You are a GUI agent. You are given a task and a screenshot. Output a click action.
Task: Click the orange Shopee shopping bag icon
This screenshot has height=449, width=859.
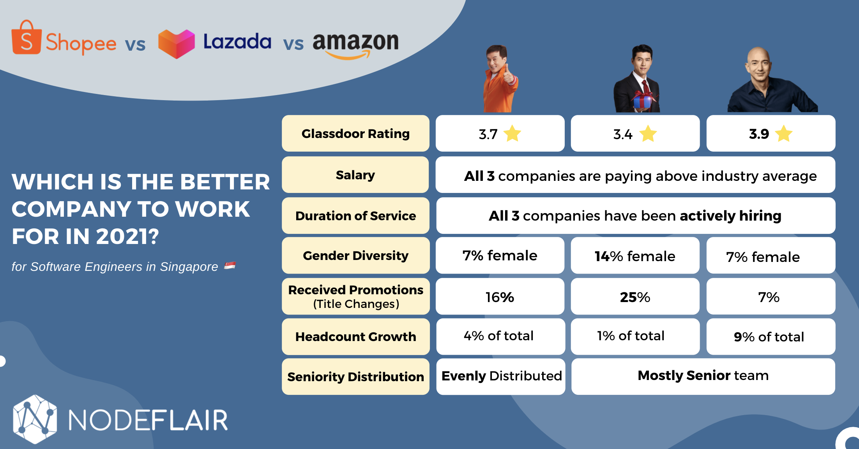[x=27, y=38]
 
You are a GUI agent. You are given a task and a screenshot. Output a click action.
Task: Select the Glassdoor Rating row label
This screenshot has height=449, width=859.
[x=355, y=134]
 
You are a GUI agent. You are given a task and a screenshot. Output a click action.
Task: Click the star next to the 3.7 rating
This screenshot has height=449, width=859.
[x=512, y=134]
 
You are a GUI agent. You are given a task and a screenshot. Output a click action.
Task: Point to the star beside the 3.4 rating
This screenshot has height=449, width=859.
[x=648, y=134]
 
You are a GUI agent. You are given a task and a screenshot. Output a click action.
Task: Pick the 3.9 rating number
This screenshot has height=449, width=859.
[x=759, y=134]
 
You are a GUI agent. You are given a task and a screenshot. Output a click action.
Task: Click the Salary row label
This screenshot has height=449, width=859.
[x=355, y=175]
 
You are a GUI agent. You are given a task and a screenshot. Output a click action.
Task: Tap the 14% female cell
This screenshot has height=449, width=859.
[x=635, y=256]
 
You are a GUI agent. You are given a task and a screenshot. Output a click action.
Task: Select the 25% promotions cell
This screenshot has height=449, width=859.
[x=635, y=297]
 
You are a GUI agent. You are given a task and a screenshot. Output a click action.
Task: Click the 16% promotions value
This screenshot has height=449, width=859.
[x=500, y=297]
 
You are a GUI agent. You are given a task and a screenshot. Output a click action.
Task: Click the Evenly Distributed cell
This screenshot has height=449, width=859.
[x=501, y=376]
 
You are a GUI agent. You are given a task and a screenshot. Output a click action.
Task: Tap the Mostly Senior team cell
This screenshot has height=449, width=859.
[x=703, y=376]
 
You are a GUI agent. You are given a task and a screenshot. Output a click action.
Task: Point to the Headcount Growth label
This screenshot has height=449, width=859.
[x=355, y=337]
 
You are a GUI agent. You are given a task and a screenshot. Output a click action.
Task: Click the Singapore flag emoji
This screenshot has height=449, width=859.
[x=230, y=266]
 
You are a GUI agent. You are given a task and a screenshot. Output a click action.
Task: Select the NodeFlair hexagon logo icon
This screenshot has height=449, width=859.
[x=35, y=419]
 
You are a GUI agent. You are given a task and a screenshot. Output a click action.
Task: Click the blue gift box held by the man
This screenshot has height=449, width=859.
[x=643, y=101]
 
